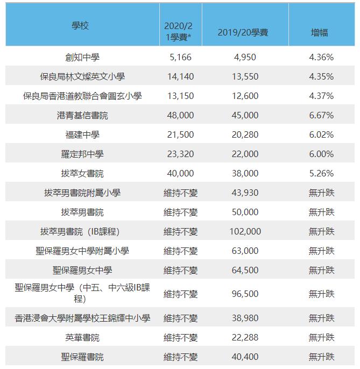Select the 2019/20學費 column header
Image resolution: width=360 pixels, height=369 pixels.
(x=243, y=32)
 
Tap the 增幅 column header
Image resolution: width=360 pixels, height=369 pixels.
(x=319, y=32)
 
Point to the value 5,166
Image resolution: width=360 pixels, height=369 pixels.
(x=180, y=57)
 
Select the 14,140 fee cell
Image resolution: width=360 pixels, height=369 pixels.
(x=180, y=76)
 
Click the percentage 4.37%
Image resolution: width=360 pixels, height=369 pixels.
(x=321, y=96)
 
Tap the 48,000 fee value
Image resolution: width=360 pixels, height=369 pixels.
(x=180, y=115)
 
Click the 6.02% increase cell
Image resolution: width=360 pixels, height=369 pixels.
(x=321, y=134)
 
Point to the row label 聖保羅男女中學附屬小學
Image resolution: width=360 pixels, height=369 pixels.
(x=82, y=251)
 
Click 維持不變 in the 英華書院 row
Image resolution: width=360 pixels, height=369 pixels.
(x=180, y=337)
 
